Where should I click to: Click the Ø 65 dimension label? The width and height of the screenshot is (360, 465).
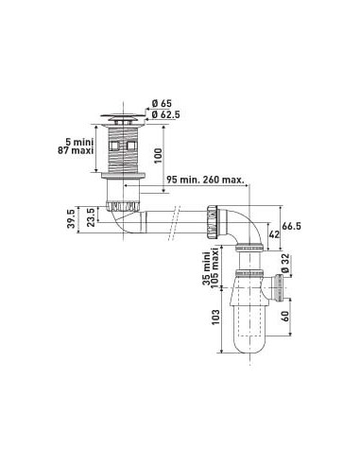click(x=162, y=104)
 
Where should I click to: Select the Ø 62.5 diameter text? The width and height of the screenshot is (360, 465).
click(x=165, y=114)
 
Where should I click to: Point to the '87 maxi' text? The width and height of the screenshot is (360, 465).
click(x=76, y=150)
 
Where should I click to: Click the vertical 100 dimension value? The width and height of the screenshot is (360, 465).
click(x=158, y=155)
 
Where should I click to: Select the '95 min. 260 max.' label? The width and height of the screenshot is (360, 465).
click(x=205, y=180)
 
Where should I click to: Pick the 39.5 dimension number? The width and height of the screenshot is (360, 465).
click(x=72, y=219)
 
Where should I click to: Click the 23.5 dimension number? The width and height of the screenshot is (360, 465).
click(x=91, y=217)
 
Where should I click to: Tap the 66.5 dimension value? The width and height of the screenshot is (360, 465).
click(x=292, y=226)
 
